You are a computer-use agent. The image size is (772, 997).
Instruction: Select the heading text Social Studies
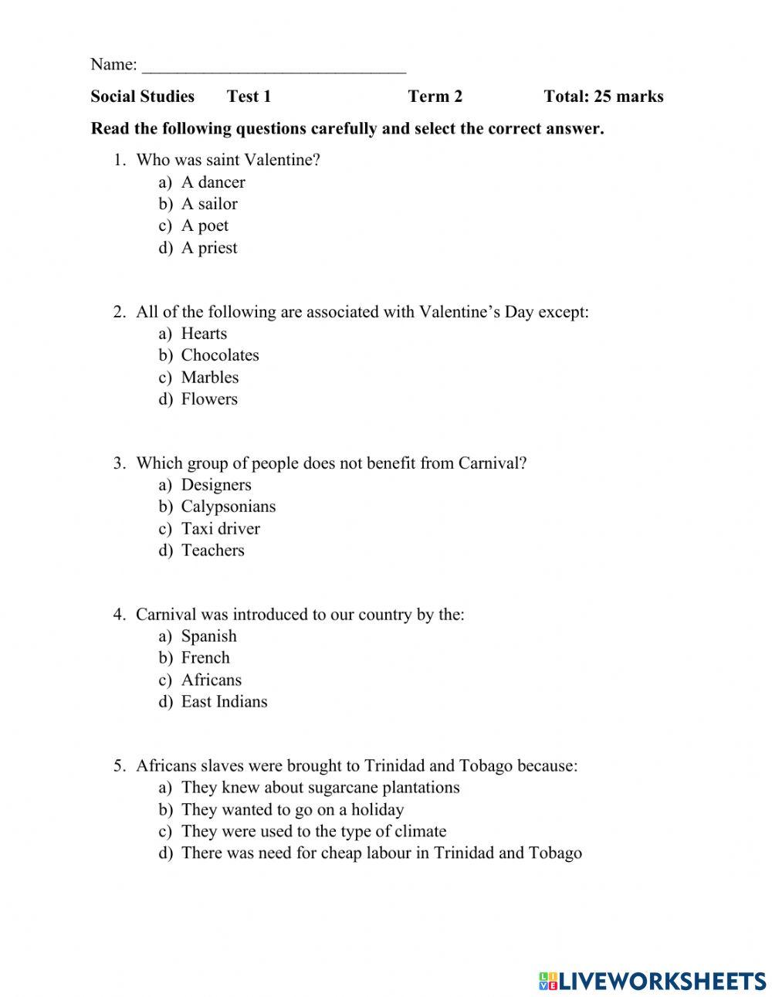(x=142, y=97)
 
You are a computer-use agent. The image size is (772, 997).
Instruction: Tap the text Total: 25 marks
(x=603, y=97)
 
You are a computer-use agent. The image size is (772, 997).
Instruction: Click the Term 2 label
(x=435, y=97)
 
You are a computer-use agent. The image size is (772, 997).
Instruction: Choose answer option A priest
(x=208, y=248)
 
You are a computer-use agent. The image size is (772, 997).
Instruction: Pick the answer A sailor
(x=208, y=204)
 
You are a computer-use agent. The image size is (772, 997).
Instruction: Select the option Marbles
(x=209, y=378)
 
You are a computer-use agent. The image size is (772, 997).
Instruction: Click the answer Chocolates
(x=219, y=355)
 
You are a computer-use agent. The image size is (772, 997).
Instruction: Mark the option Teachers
(x=212, y=551)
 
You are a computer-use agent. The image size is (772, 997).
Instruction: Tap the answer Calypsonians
(x=228, y=507)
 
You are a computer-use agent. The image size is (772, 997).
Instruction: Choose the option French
(x=205, y=658)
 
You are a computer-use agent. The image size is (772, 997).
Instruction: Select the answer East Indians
(x=224, y=702)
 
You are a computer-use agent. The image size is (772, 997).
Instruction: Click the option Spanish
(x=208, y=636)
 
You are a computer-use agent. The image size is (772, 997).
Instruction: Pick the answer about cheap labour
(x=381, y=853)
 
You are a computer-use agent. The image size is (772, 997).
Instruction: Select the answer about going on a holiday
(x=292, y=810)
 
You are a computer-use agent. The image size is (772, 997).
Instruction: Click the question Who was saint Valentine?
(x=228, y=161)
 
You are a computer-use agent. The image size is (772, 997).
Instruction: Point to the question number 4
(x=119, y=615)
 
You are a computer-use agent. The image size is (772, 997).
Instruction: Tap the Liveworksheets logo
(x=652, y=981)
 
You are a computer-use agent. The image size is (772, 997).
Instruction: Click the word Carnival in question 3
(x=486, y=463)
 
